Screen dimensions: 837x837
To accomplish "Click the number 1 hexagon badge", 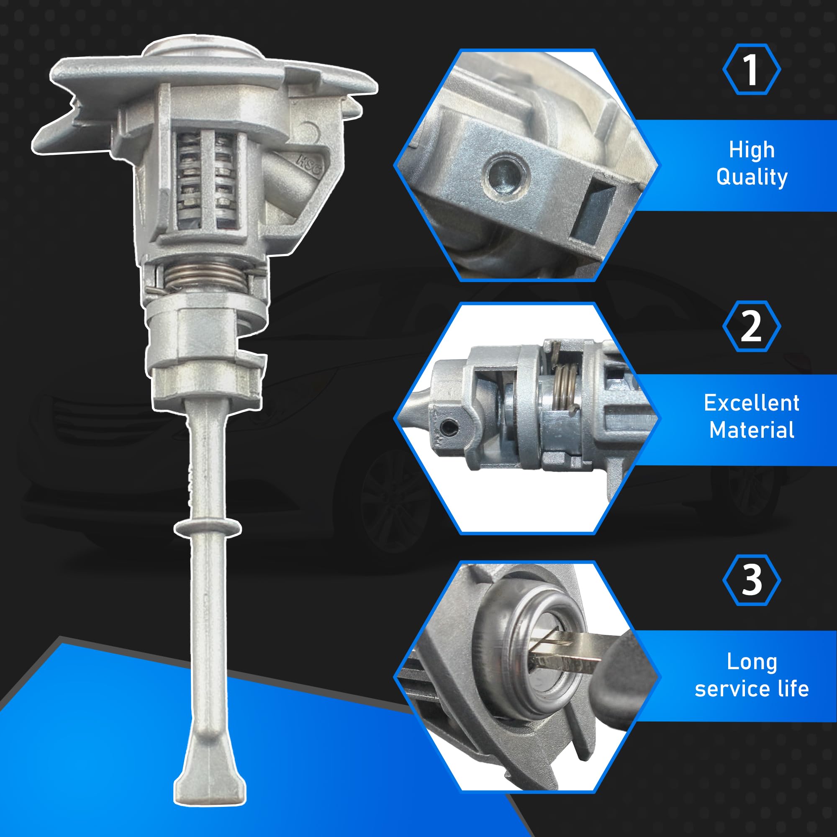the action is click(752, 69).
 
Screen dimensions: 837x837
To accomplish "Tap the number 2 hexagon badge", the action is click(752, 326).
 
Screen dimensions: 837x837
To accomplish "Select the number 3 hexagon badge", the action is click(752, 580).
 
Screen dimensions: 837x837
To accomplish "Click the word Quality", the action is click(752, 177).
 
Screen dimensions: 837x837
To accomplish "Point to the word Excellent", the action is click(752, 403).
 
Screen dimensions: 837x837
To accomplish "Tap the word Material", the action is click(752, 430).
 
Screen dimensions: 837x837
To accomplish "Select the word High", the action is click(752, 150).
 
